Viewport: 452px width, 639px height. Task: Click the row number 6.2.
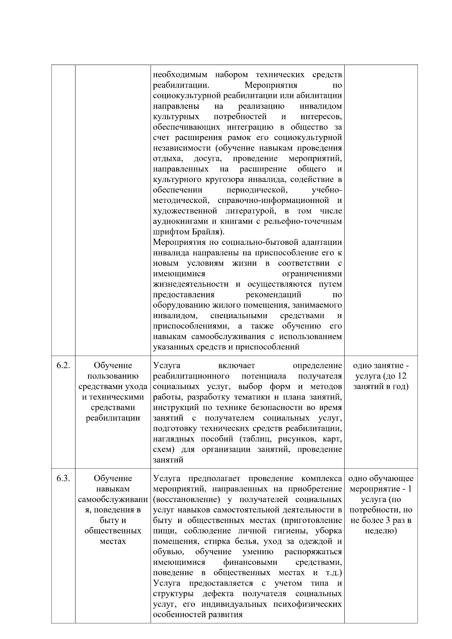tap(63, 366)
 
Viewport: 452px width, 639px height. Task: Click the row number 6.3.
tap(63, 479)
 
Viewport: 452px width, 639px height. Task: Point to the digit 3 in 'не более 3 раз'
tap(389, 521)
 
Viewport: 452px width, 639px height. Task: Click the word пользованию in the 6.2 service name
tap(113, 376)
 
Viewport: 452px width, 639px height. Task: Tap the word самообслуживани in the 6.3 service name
tap(113, 500)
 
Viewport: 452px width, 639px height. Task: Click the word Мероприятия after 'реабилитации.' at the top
tap(271, 85)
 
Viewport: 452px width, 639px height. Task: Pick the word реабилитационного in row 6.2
tap(191, 376)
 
